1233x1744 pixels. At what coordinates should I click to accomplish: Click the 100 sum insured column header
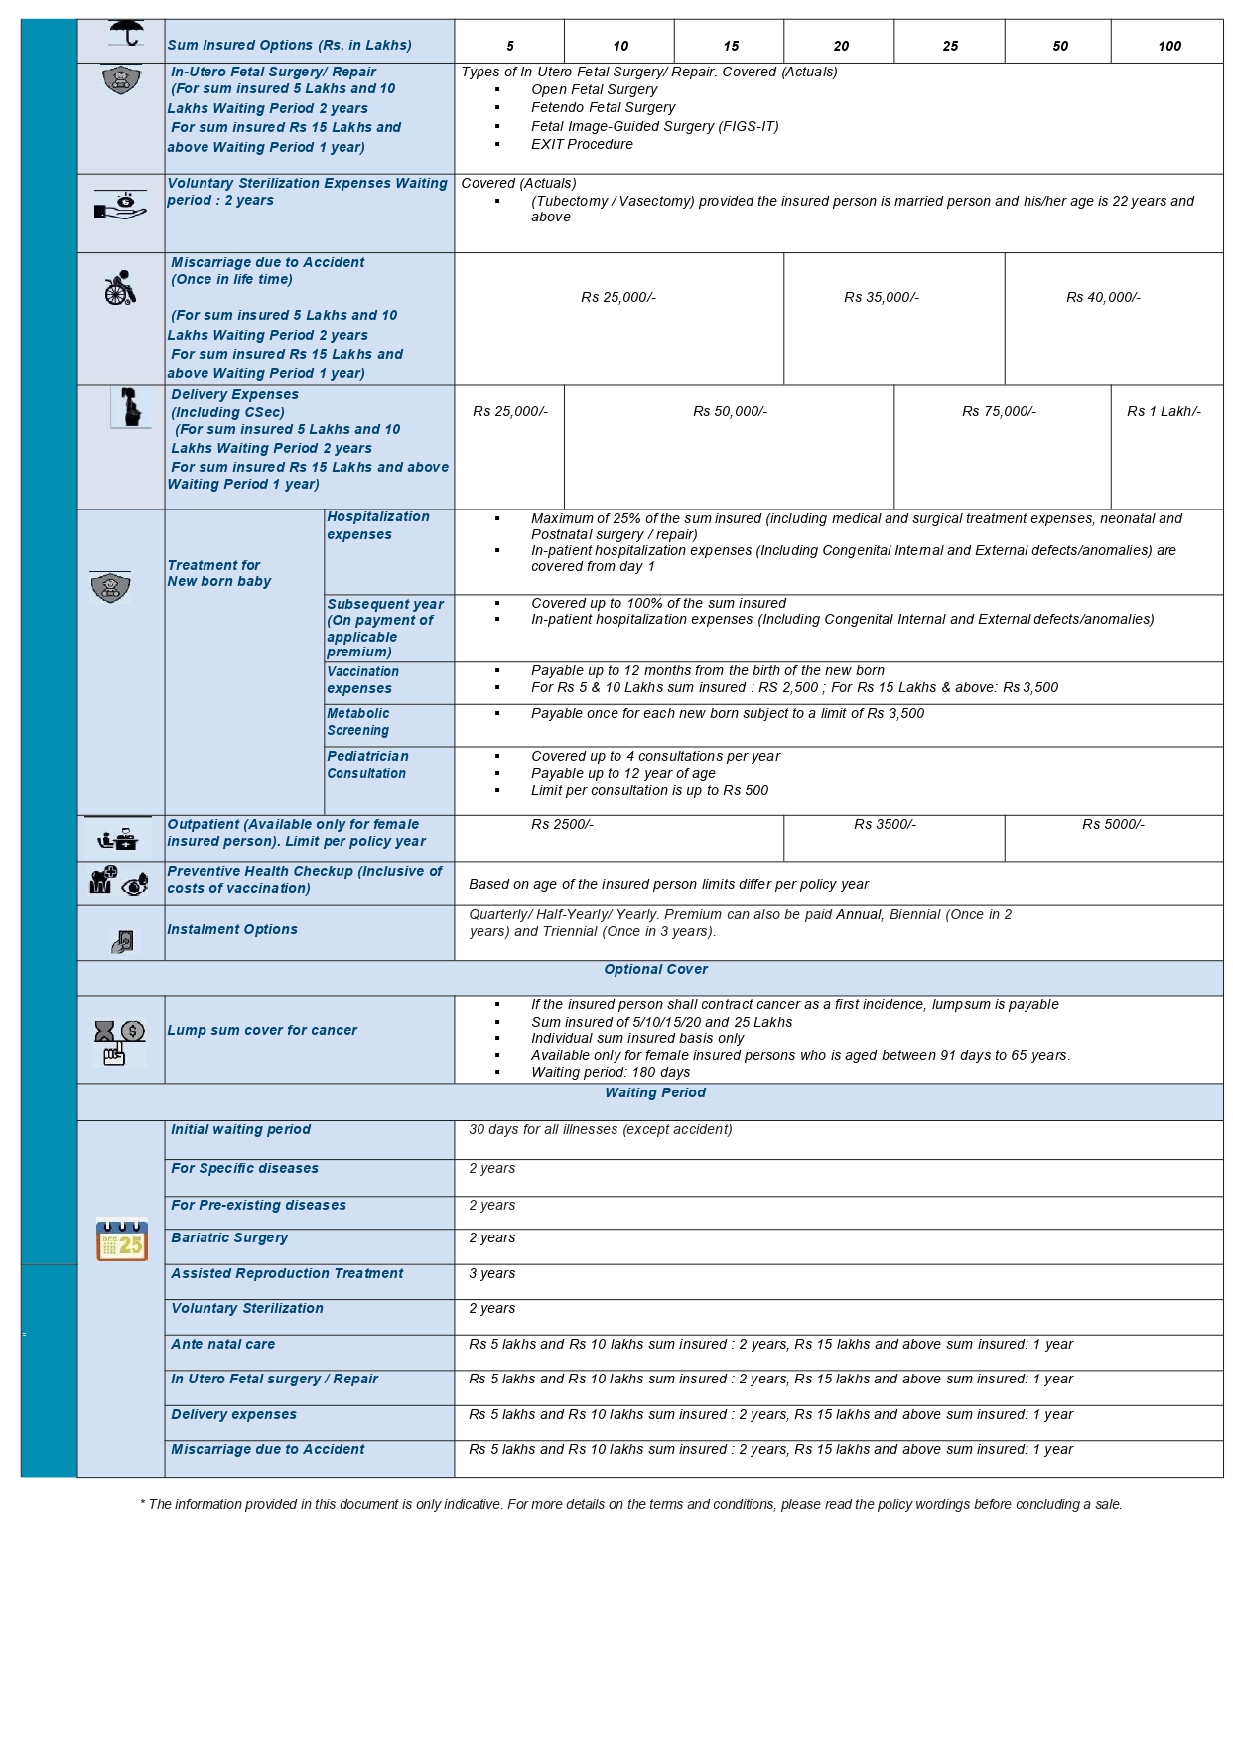click(1168, 46)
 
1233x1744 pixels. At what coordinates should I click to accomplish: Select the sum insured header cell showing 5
click(510, 46)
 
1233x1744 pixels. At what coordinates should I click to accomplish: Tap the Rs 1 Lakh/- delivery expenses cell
click(1164, 411)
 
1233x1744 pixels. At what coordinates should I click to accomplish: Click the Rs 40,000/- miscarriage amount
click(1103, 297)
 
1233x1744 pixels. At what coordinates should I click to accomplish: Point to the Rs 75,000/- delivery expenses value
click(999, 411)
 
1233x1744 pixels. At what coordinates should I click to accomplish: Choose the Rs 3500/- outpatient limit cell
click(885, 824)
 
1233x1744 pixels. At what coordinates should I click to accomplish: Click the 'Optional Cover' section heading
click(655, 969)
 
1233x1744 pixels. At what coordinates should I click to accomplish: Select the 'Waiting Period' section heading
click(655, 1092)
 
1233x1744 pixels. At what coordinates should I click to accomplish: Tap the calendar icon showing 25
click(122, 1239)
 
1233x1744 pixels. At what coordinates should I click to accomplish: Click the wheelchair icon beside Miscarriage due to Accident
click(120, 288)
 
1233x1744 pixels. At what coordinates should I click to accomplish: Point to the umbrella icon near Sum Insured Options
click(126, 33)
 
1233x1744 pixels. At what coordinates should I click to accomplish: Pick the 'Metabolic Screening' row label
click(358, 722)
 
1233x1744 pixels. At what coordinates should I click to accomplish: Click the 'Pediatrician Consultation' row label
click(367, 765)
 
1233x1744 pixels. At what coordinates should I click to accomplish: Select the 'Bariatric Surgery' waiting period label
click(229, 1237)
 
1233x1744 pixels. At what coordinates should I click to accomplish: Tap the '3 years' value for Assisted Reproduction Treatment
click(492, 1273)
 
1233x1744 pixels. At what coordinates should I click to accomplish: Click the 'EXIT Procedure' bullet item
click(582, 144)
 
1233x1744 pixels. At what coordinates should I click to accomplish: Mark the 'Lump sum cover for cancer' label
click(262, 1030)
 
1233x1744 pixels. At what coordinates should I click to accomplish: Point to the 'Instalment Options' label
click(232, 929)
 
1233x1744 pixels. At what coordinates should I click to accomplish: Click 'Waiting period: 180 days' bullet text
click(611, 1072)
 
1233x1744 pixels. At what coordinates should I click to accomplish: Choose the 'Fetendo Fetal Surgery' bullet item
click(603, 107)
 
